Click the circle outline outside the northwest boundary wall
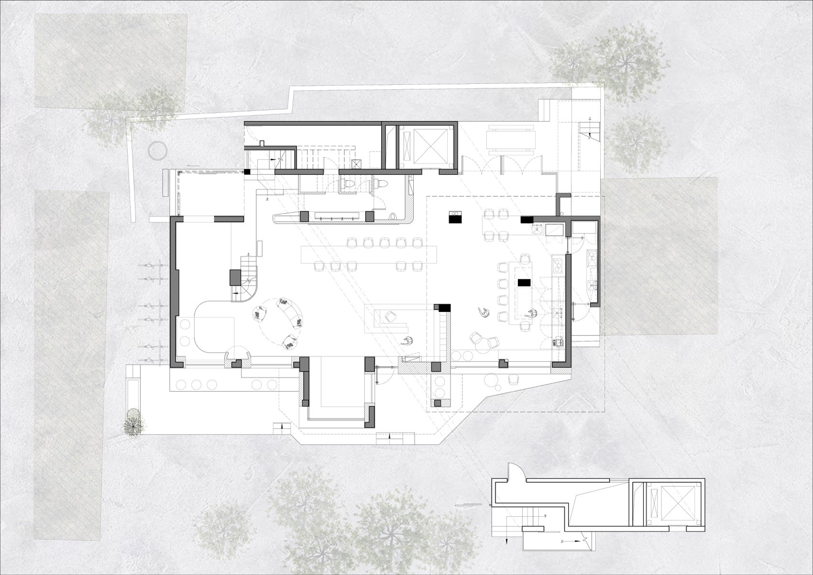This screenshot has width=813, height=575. [x=157, y=151]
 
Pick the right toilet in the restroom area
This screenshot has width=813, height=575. [x=382, y=184]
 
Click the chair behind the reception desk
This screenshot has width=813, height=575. [x=391, y=316]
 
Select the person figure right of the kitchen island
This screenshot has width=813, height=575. [x=530, y=314]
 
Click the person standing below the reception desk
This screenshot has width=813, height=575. [x=407, y=341]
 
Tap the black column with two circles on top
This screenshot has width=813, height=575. [x=455, y=218]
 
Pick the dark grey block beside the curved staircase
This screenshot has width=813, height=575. [x=235, y=277]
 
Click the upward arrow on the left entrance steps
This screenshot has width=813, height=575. [x=283, y=425]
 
